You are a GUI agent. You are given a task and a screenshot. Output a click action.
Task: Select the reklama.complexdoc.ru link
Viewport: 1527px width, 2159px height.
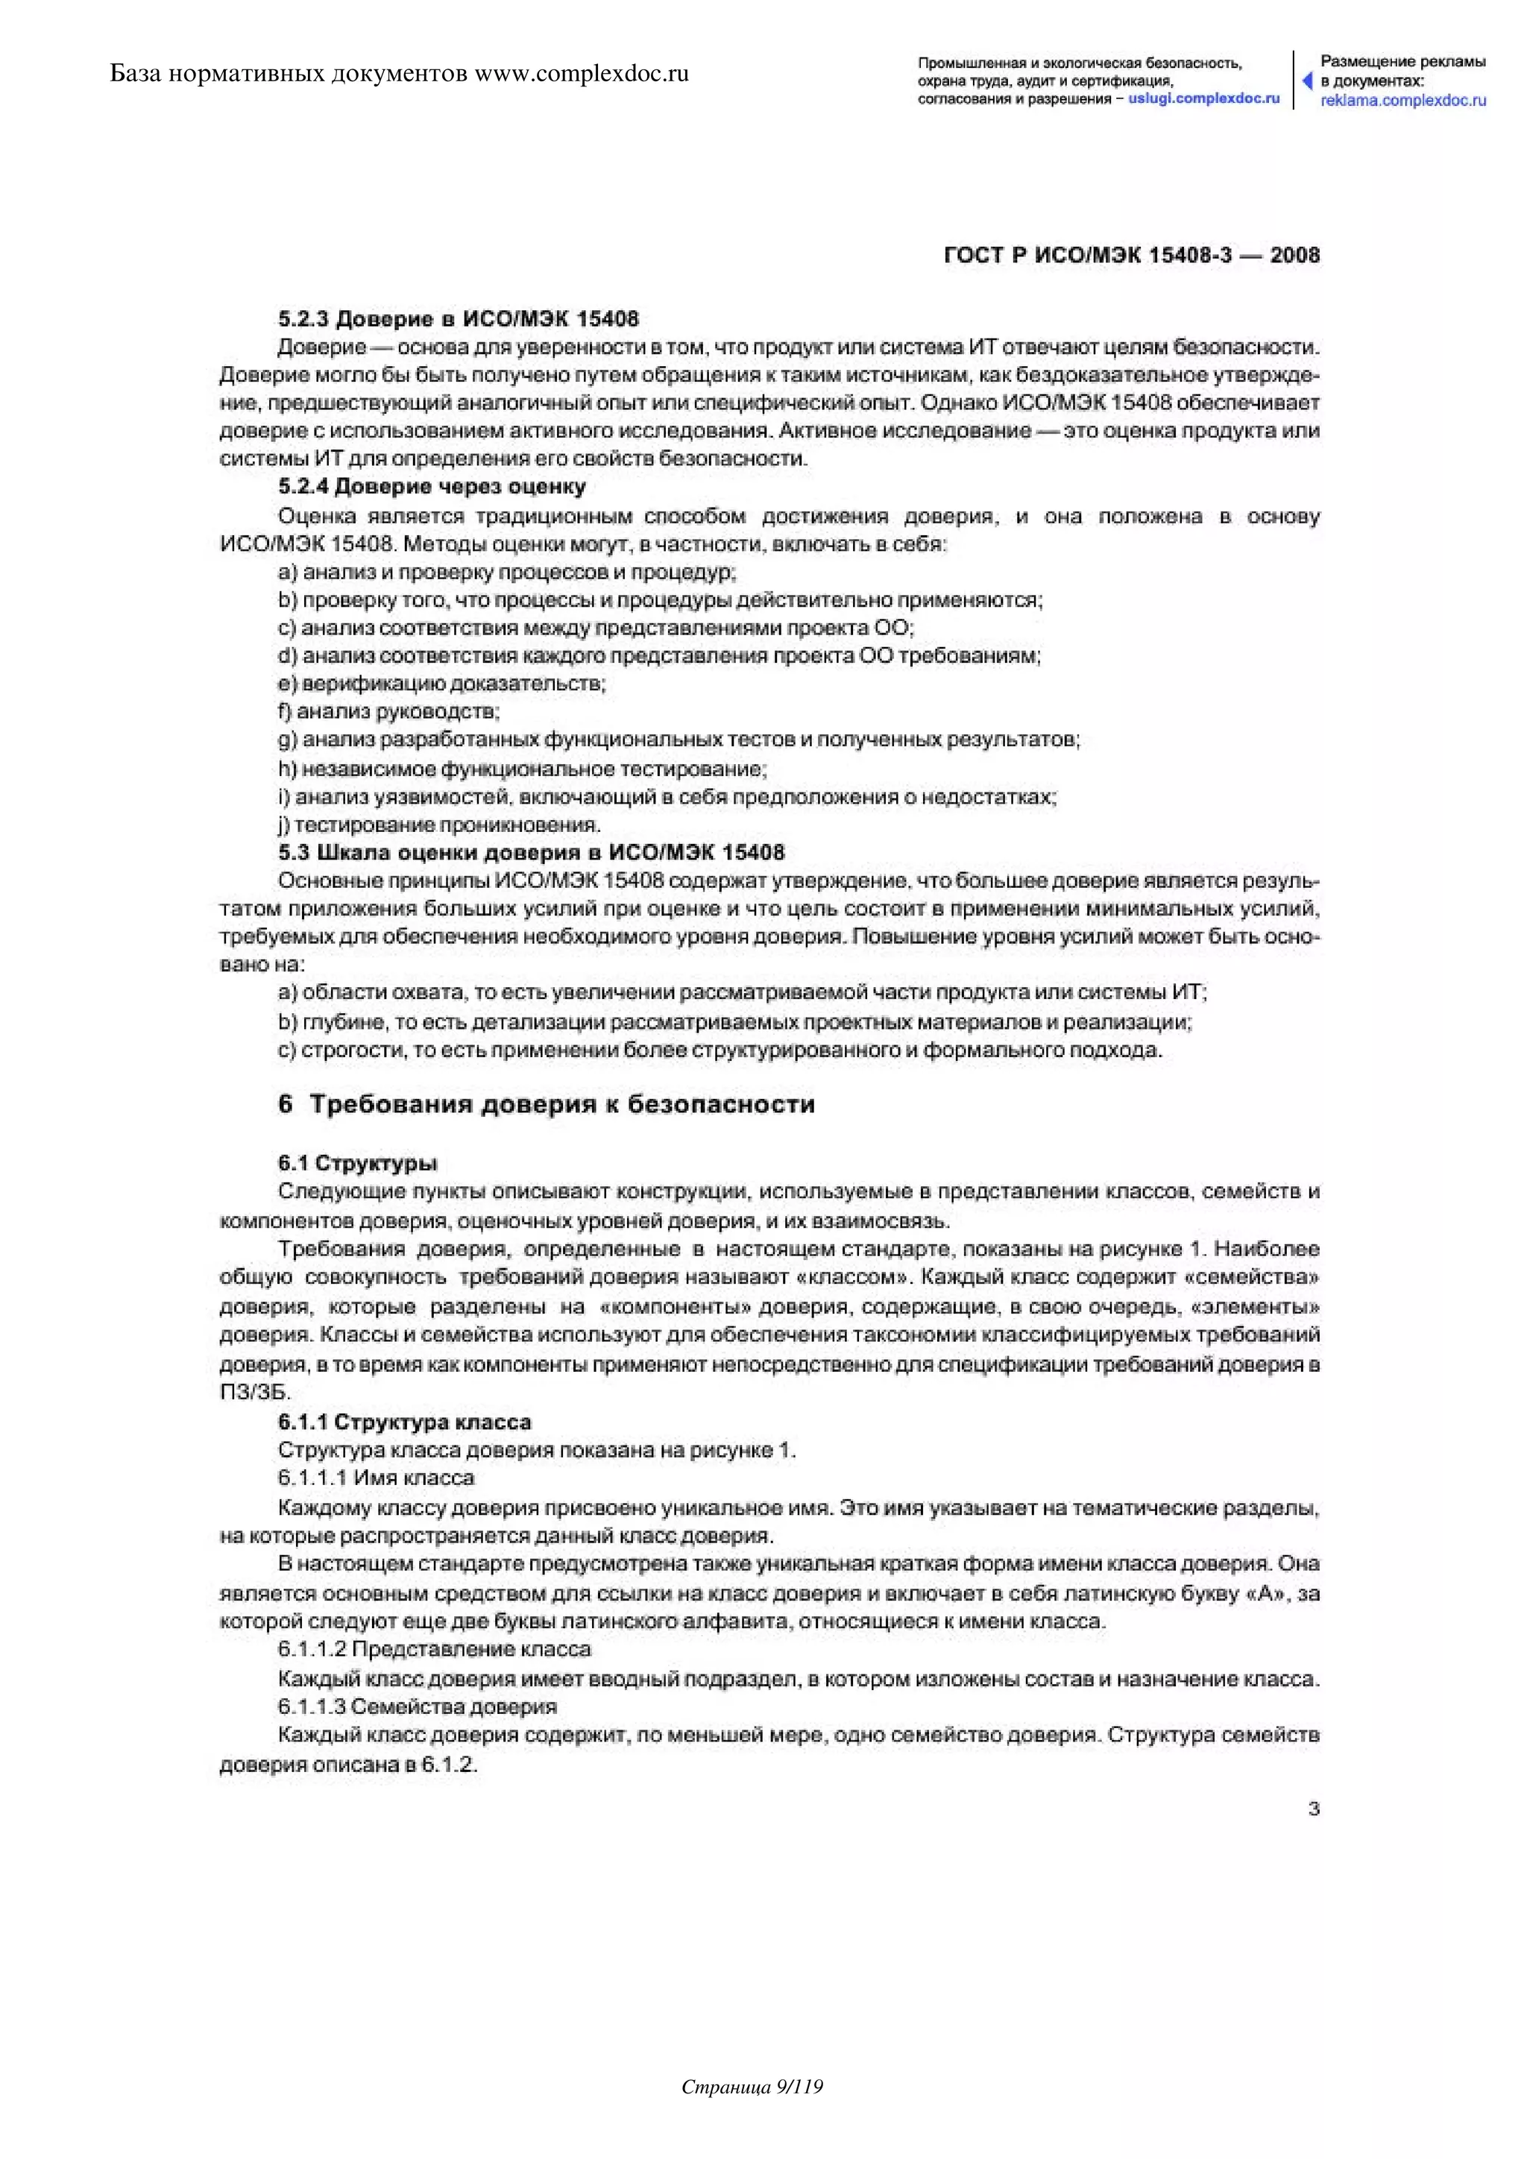coord(1403,101)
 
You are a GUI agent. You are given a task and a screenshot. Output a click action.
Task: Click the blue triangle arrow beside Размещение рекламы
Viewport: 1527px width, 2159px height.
coord(1307,81)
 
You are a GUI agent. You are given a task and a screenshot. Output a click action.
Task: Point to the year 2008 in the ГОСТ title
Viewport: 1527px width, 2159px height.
coord(1295,256)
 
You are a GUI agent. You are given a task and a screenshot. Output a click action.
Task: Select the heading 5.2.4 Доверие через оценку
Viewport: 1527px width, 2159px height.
coord(432,487)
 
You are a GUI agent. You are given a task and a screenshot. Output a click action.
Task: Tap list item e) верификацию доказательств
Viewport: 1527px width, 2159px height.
coord(442,684)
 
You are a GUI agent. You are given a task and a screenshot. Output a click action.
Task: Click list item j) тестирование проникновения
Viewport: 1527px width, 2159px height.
coord(439,825)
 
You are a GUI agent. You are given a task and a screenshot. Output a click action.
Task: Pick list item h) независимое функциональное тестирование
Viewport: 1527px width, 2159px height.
coord(523,769)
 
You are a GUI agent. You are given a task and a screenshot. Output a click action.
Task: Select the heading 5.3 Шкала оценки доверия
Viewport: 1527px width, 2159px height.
coord(532,853)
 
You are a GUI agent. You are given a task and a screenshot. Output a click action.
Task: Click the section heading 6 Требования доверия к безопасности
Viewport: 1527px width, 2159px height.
coord(547,1104)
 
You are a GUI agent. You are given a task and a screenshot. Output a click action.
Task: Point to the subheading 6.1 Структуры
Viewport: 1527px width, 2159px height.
coord(357,1163)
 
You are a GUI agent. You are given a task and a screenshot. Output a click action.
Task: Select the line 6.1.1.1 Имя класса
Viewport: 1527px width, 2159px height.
coord(376,1478)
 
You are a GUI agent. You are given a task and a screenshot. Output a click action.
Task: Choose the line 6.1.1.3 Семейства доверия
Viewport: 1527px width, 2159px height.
coord(417,1706)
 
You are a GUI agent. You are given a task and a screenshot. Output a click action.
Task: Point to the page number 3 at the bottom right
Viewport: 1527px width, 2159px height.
coord(1314,1809)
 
